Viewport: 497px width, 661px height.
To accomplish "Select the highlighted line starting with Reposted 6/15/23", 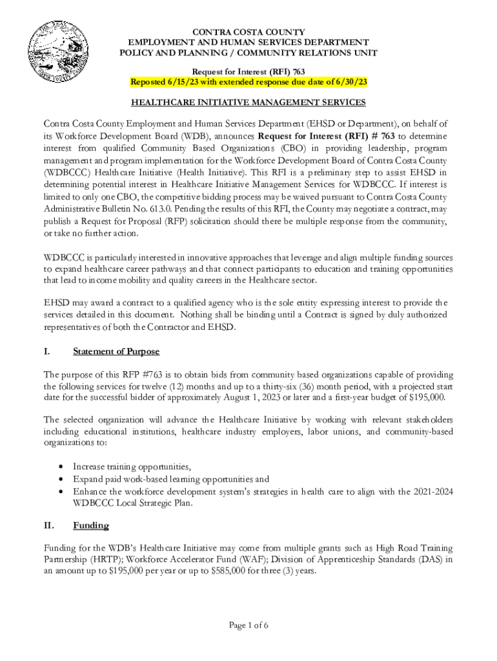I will click(x=249, y=82).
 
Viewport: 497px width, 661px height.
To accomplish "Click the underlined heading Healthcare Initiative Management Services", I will click(x=249, y=102).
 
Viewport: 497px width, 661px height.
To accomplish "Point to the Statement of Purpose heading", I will click(x=116, y=352).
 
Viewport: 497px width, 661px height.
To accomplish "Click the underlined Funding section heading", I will click(x=91, y=525).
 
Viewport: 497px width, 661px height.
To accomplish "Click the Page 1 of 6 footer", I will click(x=249, y=625).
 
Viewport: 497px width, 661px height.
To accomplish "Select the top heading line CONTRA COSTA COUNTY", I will click(x=249, y=32).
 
